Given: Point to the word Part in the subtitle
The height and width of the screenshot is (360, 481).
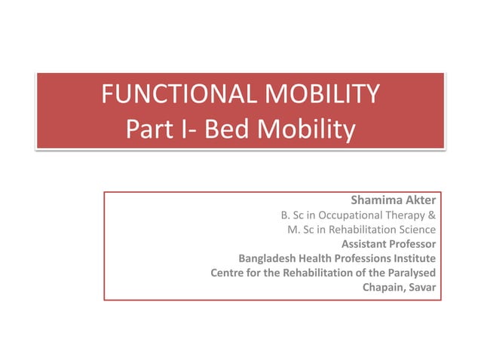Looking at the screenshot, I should [x=151, y=130].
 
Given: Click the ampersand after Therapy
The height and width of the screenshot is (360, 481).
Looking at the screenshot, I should [x=431, y=215].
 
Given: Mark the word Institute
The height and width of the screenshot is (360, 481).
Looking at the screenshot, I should [x=415, y=258].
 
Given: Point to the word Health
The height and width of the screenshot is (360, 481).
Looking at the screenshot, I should [x=316, y=258].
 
